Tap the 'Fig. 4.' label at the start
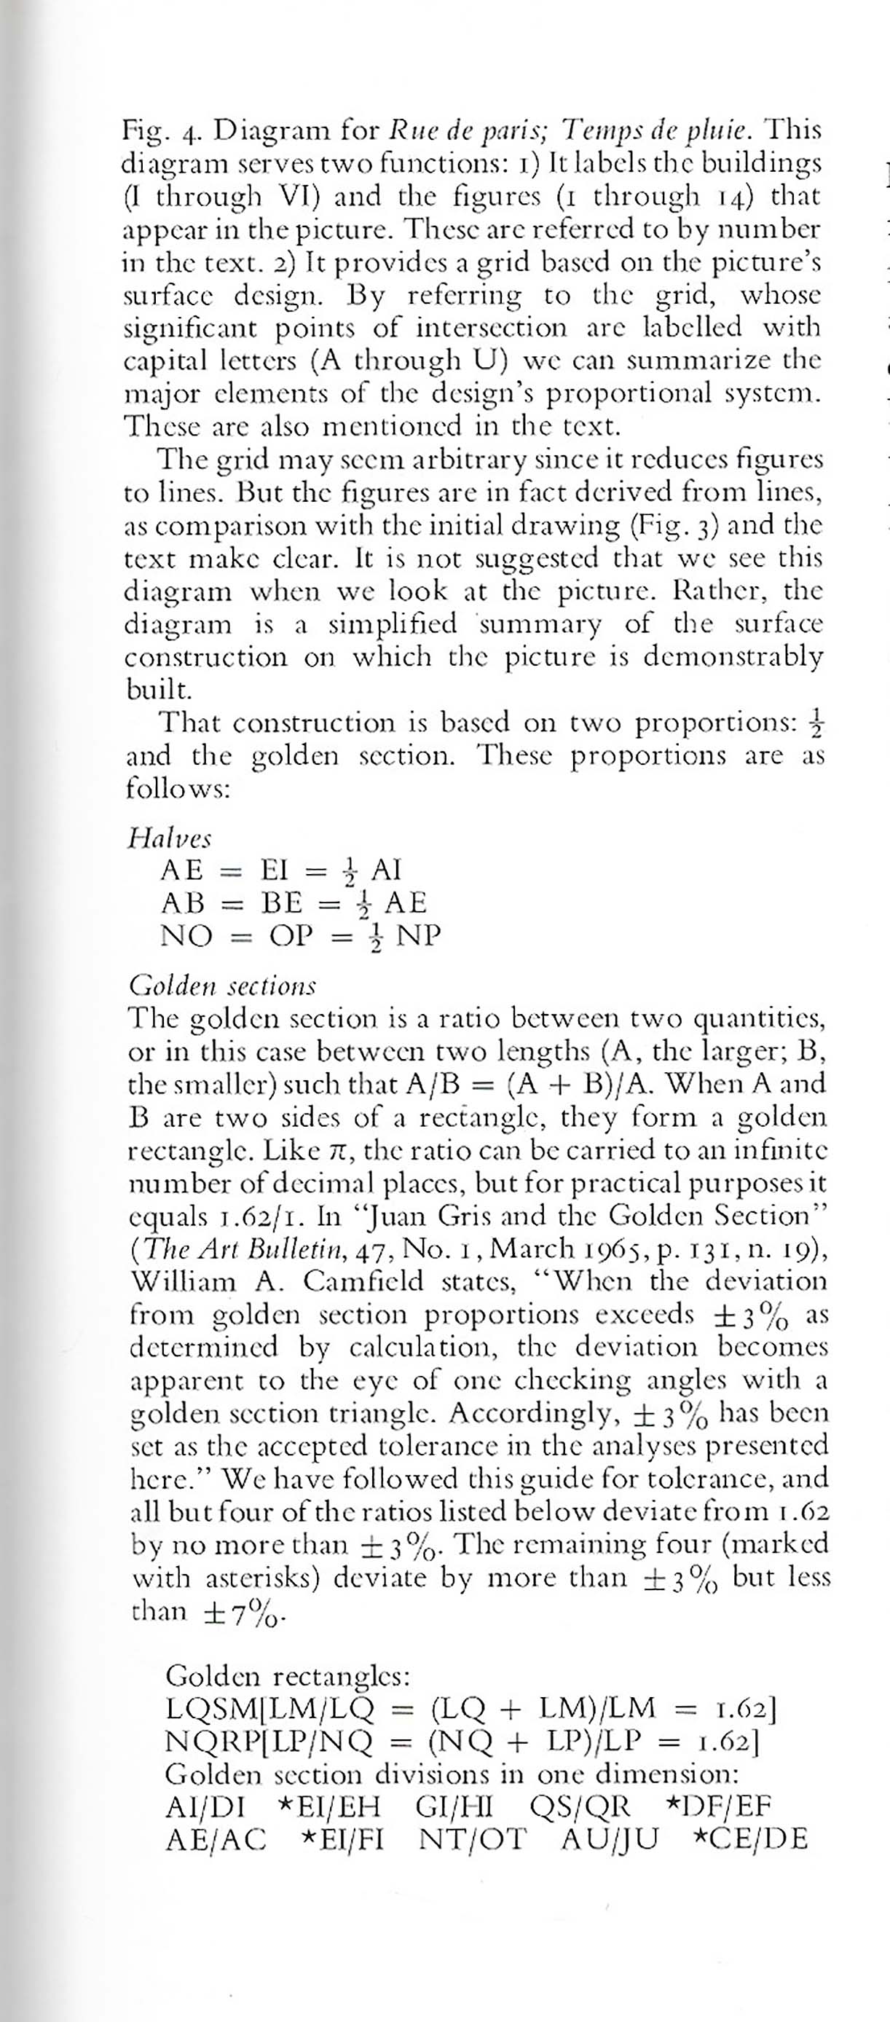click(x=154, y=130)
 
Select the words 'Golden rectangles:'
click(x=287, y=1677)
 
